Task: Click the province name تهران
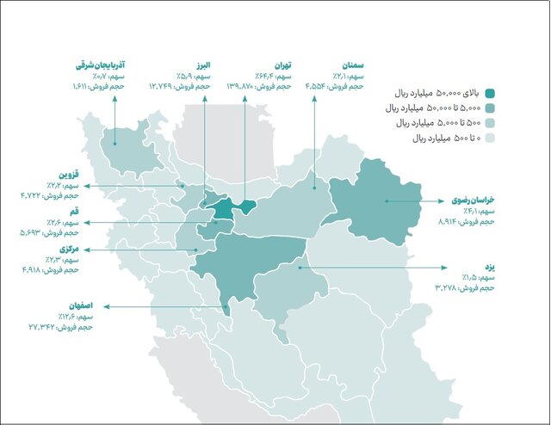(x=282, y=65)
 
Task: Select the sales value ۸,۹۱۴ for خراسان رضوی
(x=474, y=221)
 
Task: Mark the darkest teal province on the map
(x=223, y=209)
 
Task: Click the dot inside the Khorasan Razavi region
(x=386, y=201)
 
